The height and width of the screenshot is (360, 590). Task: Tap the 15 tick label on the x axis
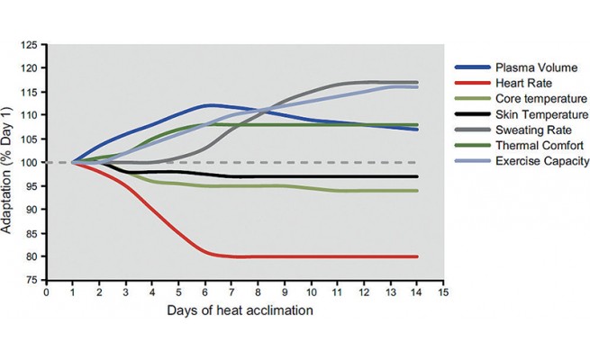(x=442, y=292)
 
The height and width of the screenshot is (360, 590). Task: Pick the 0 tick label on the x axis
(x=46, y=292)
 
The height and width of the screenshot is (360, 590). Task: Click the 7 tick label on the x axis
(x=231, y=292)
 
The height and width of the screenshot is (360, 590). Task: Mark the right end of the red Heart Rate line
(x=416, y=256)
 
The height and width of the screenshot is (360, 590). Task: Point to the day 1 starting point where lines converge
(x=73, y=163)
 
